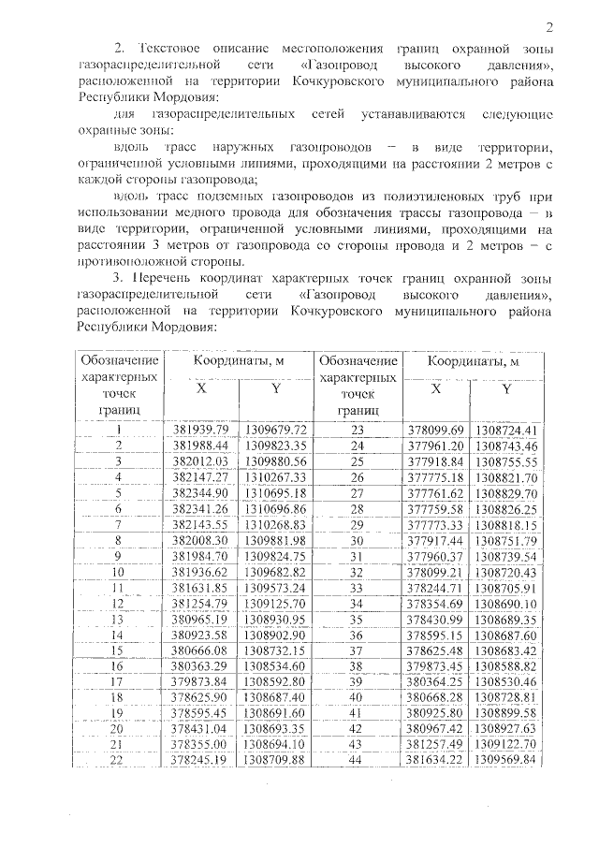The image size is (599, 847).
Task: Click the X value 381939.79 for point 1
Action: click(201, 430)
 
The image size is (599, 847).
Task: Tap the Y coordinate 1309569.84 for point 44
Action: click(505, 760)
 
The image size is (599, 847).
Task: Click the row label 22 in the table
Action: click(119, 760)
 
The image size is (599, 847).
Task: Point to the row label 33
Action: click(355, 588)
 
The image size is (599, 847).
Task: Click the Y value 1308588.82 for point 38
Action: click(505, 666)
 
